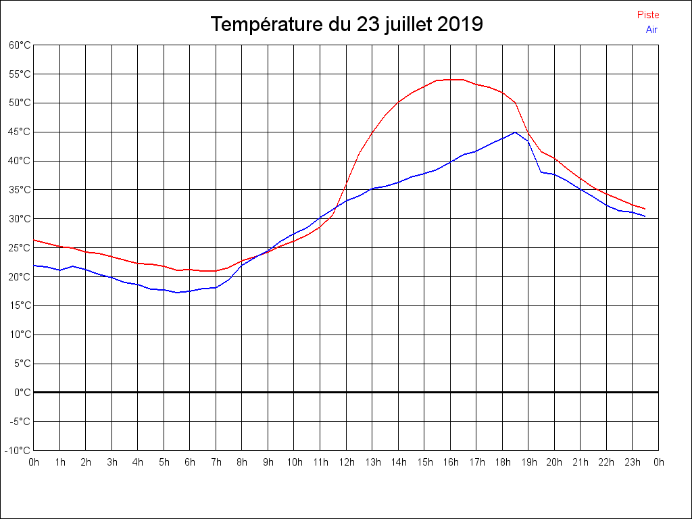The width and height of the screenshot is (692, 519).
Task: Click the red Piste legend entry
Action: pyautogui.click(x=647, y=15)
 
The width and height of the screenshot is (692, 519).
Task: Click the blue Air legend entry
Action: pyautogui.click(x=651, y=30)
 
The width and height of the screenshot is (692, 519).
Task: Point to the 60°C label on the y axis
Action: pyautogui.click(x=20, y=45)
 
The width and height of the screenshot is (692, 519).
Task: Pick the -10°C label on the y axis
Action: pyautogui.click(x=18, y=451)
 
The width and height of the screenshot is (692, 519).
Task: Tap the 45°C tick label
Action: pyautogui.click(x=20, y=132)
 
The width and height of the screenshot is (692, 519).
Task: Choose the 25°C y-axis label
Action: pyautogui.click(x=20, y=248)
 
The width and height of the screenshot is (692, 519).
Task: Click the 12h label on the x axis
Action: pyautogui.click(x=346, y=462)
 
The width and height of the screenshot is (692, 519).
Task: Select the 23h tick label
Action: pyautogui.click(x=633, y=462)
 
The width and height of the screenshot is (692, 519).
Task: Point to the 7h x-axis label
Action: pyautogui.click(x=216, y=462)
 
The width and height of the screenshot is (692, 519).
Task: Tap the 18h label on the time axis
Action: pyautogui.click(x=502, y=462)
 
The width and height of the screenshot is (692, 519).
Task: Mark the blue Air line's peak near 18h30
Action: pyautogui.click(x=516, y=132)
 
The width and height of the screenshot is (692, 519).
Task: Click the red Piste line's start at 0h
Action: pyautogui.click(x=34, y=240)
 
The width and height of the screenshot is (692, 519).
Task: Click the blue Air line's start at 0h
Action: pyautogui.click(x=34, y=266)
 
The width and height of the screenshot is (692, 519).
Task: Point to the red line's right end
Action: pyautogui.click(x=645, y=209)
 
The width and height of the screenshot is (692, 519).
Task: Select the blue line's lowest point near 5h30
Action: pyautogui.click(x=177, y=293)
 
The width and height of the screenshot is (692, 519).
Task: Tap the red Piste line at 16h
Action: pyautogui.click(x=450, y=80)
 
